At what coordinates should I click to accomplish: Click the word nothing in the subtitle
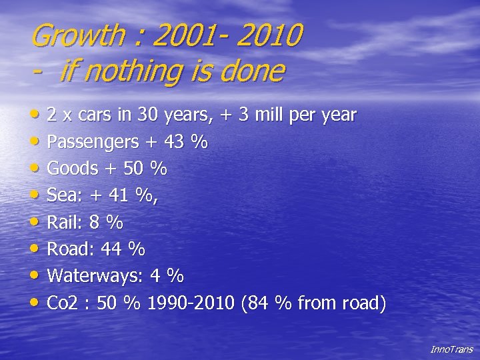pos(119,71)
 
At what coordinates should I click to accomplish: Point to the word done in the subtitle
pos(254,71)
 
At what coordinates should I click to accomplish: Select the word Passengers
pos(93,142)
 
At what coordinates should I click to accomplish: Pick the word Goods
pos(73,169)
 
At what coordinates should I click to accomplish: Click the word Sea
pos(62,195)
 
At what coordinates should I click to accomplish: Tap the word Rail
pos(63,222)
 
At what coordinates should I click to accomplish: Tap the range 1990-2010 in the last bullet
pos(190,304)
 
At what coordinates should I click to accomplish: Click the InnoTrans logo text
pos(451,349)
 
